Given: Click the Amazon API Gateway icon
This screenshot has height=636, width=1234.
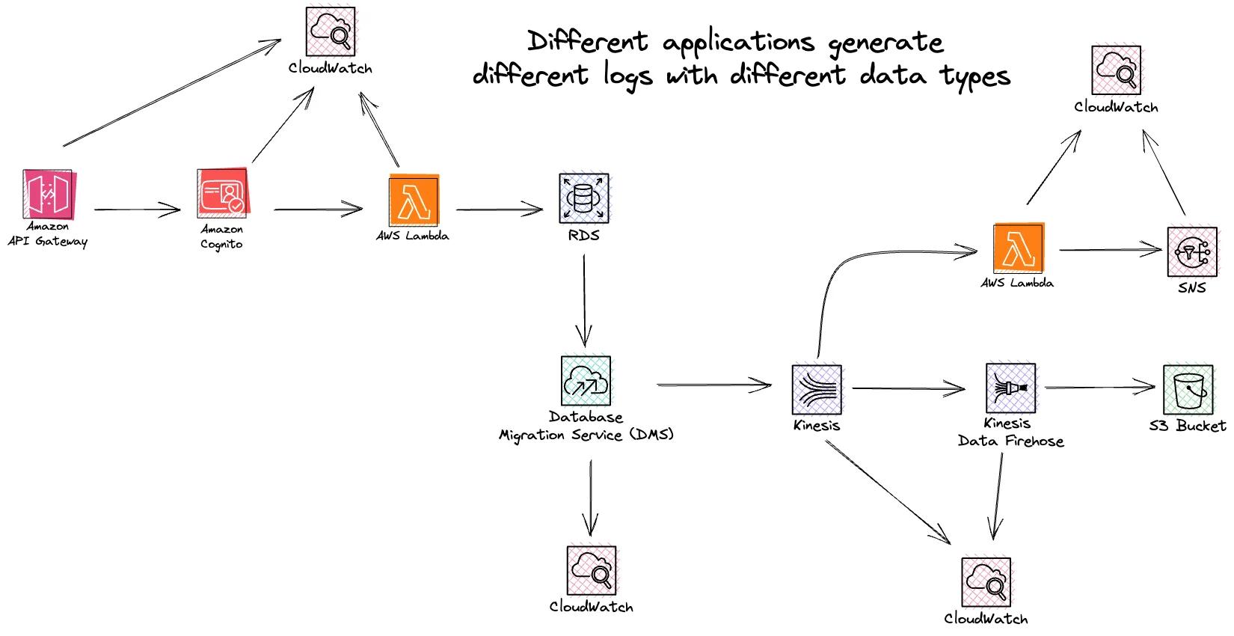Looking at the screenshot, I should [x=48, y=195].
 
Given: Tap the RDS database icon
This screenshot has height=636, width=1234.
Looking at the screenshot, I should [x=583, y=198].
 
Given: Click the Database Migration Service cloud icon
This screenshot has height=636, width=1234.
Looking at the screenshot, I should [x=586, y=381].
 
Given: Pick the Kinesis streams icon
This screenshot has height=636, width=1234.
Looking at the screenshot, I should [x=817, y=389].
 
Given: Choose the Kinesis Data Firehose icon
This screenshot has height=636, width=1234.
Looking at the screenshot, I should [x=1010, y=388].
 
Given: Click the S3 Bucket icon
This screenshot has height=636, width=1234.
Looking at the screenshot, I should [x=1188, y=389].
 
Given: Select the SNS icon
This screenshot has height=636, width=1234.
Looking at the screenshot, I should [x=1191, y=252].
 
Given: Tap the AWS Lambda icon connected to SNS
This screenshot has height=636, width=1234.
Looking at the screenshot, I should [x=1018, y=248].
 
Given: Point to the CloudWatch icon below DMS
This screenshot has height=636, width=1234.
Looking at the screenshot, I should [x=592, y=570].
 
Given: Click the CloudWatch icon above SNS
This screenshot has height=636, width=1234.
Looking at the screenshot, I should [x=1116, y=70].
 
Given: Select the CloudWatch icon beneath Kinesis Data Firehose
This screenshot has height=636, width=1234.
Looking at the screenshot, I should [x=986, y=582].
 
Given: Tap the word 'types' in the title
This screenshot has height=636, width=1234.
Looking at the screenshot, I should [x=976, y=76].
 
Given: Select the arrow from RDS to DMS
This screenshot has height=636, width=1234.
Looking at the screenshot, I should [x=583, y=299].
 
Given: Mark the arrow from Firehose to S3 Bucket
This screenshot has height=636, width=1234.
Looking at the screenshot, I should [x=1099, y=388].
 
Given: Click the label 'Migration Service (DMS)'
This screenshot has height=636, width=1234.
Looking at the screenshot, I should [x=586, y=435].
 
